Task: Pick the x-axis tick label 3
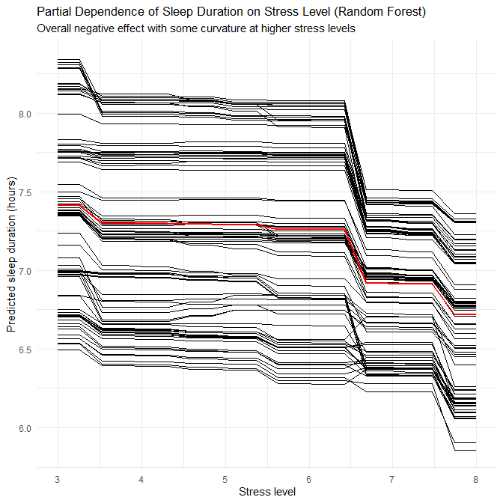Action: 58,478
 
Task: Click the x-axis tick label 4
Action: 141,478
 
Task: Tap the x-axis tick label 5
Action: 225,478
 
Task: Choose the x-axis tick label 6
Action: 308,478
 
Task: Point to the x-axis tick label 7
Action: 391,478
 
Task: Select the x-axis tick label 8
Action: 475,478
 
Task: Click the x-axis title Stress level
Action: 266,492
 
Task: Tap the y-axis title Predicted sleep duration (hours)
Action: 12,260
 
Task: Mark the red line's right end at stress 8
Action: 475,315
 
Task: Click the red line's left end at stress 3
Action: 58,204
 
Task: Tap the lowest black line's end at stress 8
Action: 475,451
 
